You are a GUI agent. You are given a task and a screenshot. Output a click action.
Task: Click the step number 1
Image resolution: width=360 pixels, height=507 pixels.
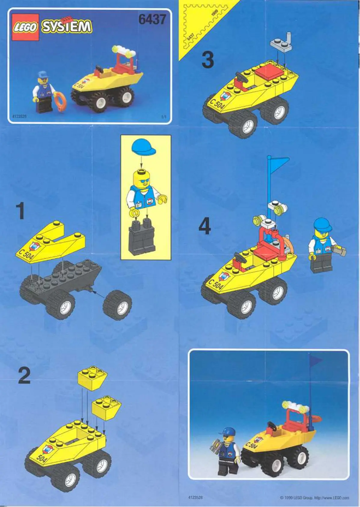coord(20,211)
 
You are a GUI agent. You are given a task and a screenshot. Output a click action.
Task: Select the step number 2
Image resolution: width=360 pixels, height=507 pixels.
coord(24,376)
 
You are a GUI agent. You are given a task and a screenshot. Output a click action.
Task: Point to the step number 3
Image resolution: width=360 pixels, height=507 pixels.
coord(206,60)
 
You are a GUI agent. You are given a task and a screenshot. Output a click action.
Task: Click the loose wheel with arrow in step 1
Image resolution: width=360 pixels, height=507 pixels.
coord(117,305)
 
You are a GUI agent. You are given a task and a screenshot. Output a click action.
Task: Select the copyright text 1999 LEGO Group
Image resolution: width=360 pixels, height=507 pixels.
coord(314,498)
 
